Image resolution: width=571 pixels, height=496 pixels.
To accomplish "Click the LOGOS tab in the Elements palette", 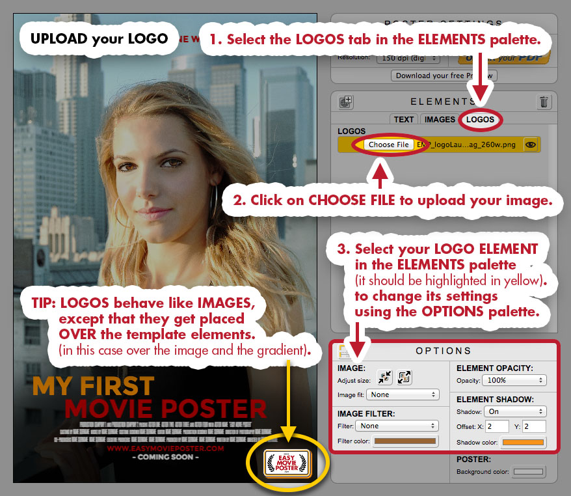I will point(480,119).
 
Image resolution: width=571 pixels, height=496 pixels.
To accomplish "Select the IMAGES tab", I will point(440,119).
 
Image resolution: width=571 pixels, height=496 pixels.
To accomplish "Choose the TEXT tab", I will point(404,119).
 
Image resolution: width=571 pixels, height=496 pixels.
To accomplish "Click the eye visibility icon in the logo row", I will point(531,145).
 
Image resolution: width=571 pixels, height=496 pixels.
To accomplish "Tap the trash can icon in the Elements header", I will point(544,102).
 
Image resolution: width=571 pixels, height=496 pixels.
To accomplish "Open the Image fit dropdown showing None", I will point(403,394).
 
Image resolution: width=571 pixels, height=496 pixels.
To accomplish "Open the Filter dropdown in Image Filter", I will point(397,426).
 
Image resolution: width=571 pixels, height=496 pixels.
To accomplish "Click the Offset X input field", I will point(497,426).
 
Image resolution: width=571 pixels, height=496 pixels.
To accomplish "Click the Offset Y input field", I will point(535,426).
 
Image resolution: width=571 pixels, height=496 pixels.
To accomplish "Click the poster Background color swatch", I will point(529,471).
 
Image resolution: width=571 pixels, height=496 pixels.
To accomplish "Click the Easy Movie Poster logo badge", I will point(287,464).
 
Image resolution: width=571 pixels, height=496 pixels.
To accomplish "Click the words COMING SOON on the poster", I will point(166,458).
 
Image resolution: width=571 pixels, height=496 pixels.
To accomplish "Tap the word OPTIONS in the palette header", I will point(444,351).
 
